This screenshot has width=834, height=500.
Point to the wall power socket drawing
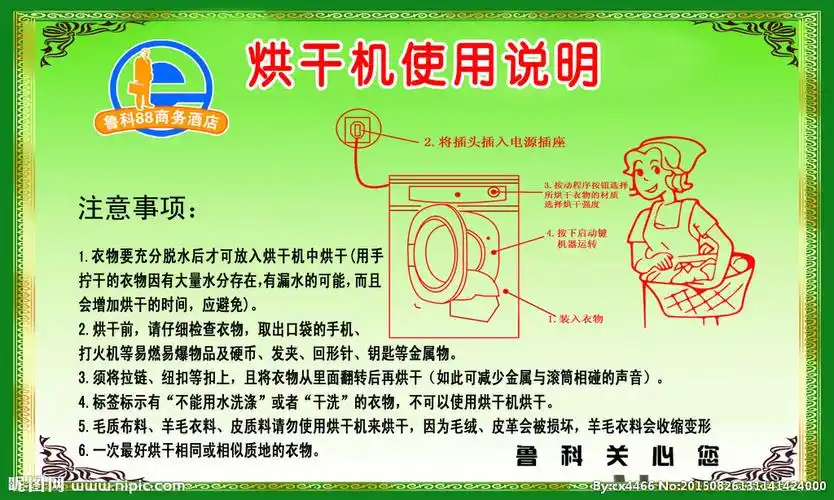click(355, 127)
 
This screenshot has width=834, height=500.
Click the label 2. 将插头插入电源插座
click(494, 142)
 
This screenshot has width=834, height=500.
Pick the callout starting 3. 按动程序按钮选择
click(585, 194)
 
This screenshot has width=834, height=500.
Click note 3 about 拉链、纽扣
click(370, 377)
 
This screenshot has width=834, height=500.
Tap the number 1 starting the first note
click(81, 256)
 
